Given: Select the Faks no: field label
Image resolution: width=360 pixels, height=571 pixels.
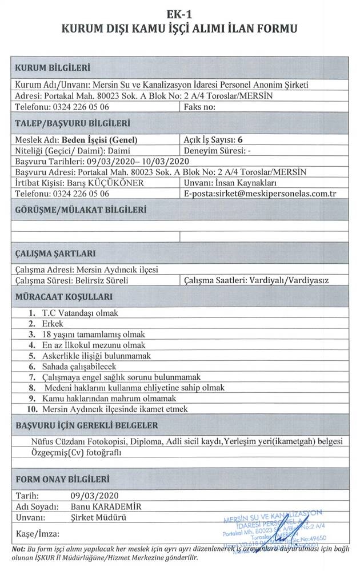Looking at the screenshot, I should [199, 107].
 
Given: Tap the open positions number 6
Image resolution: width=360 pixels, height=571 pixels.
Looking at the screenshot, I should [241, 139].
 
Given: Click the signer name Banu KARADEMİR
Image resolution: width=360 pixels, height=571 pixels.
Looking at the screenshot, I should [106, 506].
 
